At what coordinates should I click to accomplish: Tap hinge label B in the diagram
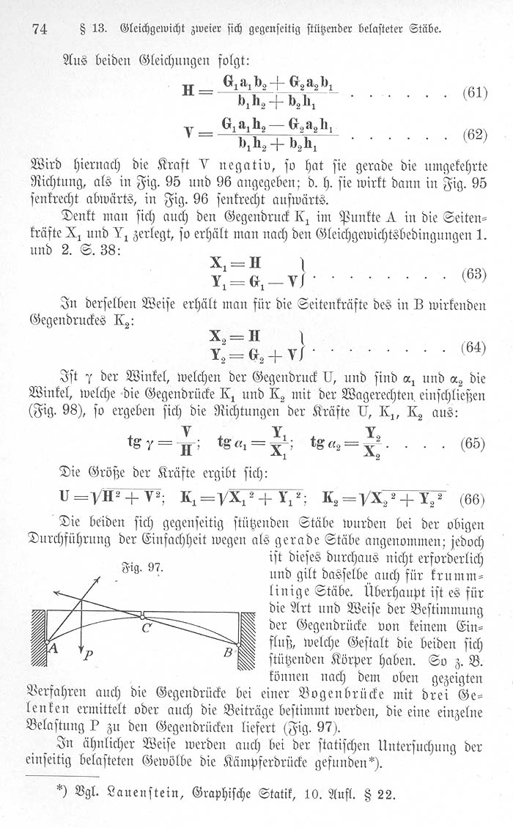pyautogui.click(x=227, y=651)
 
